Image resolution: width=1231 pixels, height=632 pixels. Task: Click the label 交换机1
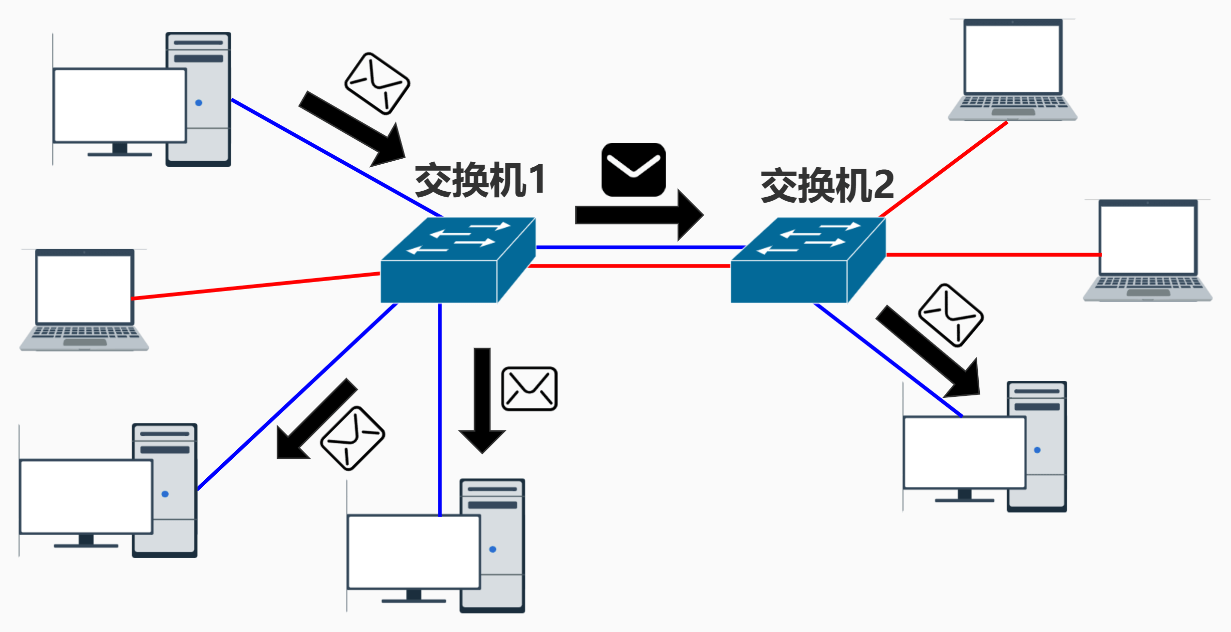480,180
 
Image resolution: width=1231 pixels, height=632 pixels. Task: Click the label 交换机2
827,186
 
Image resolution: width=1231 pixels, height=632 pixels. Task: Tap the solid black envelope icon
633,170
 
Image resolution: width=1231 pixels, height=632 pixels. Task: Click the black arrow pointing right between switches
639,215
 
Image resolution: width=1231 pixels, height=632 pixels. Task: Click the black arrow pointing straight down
482,399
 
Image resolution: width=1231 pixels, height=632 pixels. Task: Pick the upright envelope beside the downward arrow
529,389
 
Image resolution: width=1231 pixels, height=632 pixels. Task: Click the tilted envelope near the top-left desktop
377,84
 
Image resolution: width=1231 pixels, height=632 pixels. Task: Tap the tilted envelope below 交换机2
950,316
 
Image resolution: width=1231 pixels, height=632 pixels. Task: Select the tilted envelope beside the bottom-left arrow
352,438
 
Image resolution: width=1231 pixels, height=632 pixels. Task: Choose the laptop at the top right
1012,70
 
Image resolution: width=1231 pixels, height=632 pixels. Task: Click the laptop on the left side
84,300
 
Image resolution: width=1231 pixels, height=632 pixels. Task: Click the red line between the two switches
629,266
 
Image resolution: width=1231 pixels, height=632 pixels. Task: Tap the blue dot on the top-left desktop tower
199,103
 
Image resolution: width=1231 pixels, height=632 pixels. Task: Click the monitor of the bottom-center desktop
413,552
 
